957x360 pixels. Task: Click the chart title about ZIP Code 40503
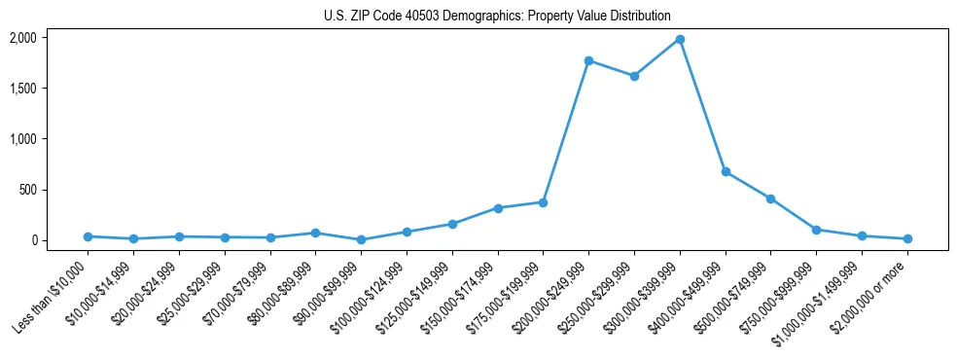point(497,16)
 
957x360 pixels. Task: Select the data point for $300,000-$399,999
point(680,40)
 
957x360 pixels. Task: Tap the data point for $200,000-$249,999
point(588,60)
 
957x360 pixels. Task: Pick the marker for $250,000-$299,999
point(634,76)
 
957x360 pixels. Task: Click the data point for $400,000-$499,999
point(726,171)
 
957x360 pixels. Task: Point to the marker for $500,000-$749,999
point(770,198)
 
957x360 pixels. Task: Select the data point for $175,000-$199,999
point(543,202)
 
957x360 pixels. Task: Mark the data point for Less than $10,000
point(88,236)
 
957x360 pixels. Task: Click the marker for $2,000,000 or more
point(907,238)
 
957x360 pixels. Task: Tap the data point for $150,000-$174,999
point(498,208)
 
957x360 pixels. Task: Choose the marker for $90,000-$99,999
point(361,239)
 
